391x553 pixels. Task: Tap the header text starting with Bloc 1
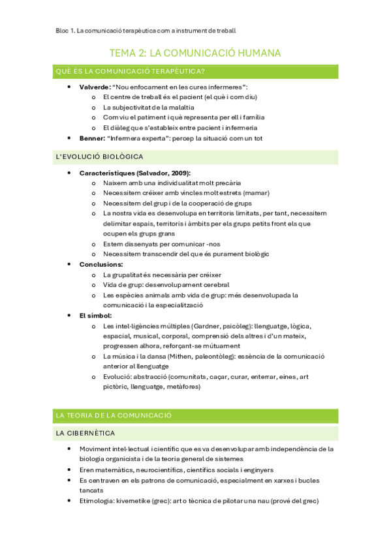click(x=143, y=30)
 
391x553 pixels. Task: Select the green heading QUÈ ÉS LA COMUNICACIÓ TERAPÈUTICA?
click(x=131, y=72)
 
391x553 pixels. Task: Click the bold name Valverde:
click(x=95, y=87)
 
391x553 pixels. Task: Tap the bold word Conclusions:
click(x=101, y=264)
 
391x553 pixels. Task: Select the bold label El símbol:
click(x=95, y=315)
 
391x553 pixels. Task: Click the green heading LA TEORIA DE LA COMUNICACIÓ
click(x=114, y=415)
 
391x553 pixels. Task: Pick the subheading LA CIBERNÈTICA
click(x=86, y=433)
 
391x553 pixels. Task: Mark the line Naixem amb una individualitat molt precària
click(x=172, y=183)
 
